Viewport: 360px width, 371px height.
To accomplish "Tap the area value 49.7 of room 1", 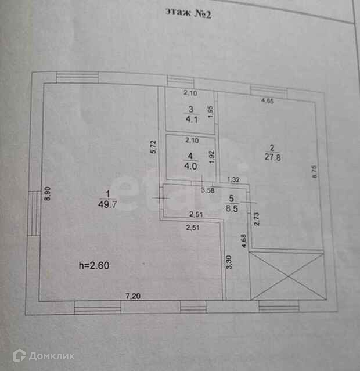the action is tap(107, 203).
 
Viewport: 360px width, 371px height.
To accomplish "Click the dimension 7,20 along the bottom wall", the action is tap(134, 296).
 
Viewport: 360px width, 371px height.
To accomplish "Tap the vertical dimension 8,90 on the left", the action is tap(48, 193).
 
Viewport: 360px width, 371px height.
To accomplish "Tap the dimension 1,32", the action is tap(233, 179).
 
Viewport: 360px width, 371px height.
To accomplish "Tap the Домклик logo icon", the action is tap(18, 355).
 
